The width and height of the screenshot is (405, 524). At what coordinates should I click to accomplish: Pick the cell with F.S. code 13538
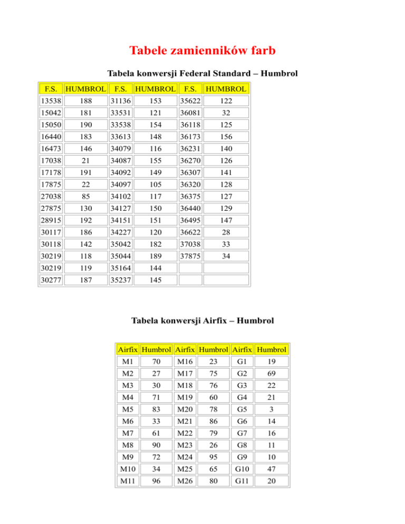51,100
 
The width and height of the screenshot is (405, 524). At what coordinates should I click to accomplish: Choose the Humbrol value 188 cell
85,100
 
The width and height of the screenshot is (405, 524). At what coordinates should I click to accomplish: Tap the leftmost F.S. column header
51,89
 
